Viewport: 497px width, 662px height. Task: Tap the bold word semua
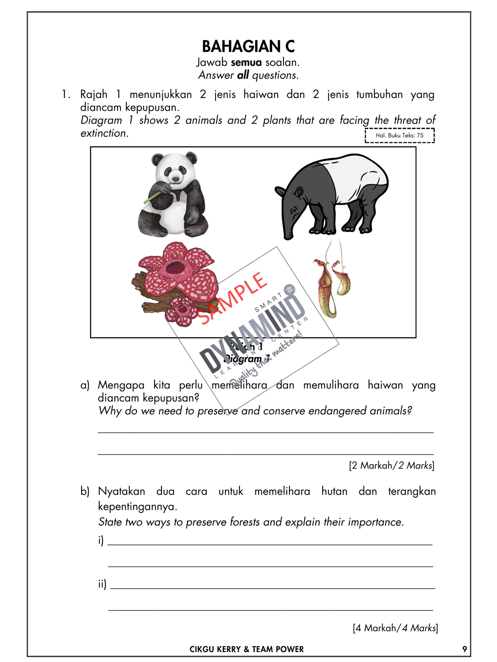coord(246,63)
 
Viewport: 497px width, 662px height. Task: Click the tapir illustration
coord(333,195)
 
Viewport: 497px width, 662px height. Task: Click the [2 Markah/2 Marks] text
coord(391,465)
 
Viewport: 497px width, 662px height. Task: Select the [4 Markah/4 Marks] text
coord(395,628)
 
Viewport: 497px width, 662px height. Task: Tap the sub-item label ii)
coord(102,584)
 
